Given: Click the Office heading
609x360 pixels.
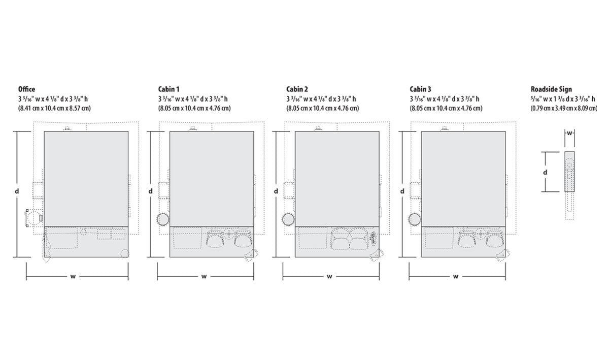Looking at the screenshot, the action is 26,89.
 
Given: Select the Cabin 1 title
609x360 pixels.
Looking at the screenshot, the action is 168,89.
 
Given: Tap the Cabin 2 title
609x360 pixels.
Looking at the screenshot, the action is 297,89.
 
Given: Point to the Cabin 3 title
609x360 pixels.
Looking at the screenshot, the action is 420,89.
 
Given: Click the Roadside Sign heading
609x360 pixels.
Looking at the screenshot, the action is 551,89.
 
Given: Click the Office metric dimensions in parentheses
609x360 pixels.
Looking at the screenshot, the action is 54,108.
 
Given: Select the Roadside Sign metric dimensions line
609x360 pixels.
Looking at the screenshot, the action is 564,108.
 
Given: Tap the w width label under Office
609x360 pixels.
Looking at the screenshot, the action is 73,277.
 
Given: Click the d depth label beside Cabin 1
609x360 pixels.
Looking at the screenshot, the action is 150,191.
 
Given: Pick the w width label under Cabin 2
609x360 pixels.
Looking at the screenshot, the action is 329,277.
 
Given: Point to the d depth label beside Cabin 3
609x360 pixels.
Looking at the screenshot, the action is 402,191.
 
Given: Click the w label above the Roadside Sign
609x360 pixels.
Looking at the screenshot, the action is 569,134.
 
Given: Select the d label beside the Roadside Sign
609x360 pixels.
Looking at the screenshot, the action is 545,172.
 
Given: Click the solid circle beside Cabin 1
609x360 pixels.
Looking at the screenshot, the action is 163,219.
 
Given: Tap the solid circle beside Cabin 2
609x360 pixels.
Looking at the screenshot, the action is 288,219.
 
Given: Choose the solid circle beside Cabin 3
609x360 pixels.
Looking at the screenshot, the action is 414,219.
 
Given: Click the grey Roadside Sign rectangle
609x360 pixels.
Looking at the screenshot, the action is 569,172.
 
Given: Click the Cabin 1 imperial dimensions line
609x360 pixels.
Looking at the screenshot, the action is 193,99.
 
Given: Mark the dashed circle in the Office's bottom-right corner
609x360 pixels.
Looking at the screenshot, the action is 125,253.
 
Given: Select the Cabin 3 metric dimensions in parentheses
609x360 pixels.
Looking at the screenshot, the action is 446,108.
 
